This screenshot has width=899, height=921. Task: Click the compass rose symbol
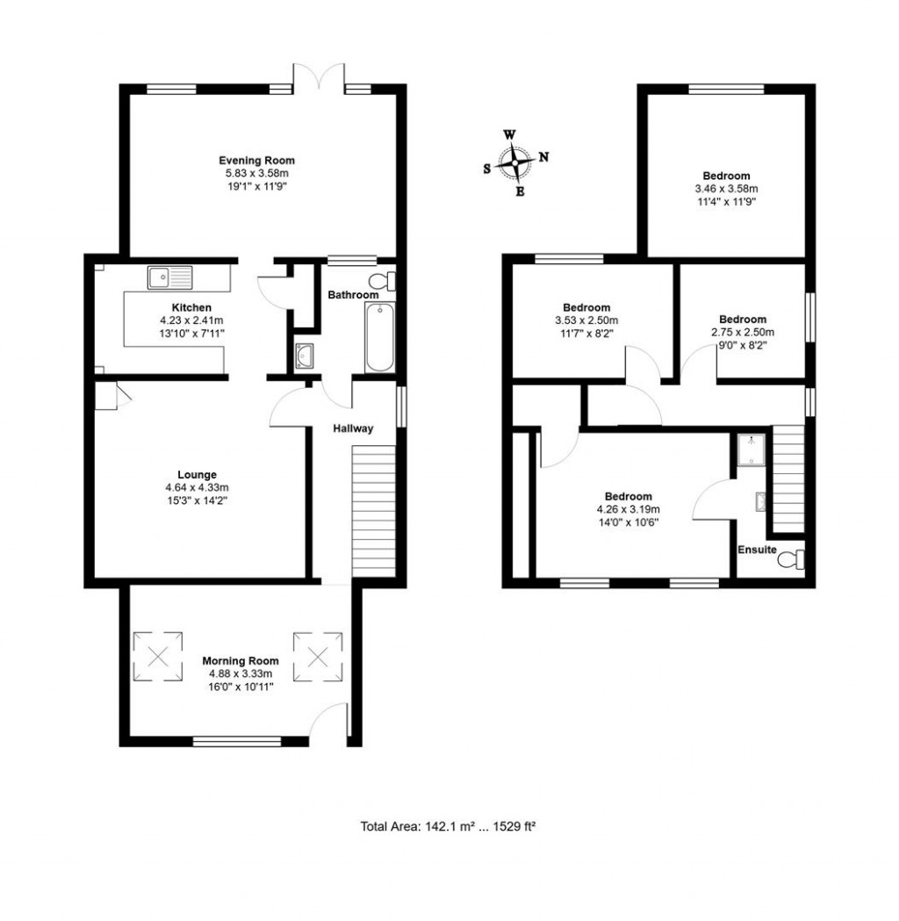point(514,163)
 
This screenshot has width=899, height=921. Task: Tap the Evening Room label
point(256,161)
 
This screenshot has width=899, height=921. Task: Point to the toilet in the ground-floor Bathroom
point(383,281)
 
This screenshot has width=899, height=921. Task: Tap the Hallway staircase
point(372,509)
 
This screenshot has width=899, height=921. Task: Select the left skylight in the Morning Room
point(158,655)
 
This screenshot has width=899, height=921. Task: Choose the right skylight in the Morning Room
point(316,655)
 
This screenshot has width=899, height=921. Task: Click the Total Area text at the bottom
point(448,826)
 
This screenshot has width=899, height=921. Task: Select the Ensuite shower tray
point(751,450)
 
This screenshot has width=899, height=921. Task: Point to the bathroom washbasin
point(304,356)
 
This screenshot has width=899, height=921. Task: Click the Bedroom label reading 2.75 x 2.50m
point(742,320)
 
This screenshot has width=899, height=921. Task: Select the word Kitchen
point(191,307)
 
